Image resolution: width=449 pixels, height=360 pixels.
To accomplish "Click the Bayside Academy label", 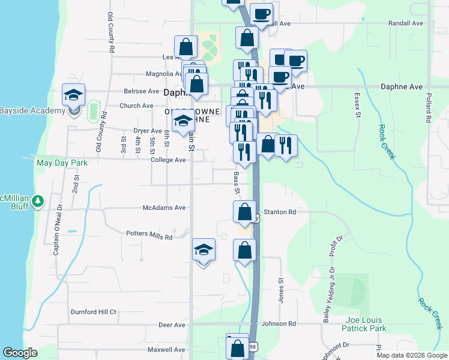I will pyautogui.click(x=32, y=111).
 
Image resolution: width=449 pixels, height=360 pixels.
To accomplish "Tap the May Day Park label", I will pyautogui.click(x=62, y=163).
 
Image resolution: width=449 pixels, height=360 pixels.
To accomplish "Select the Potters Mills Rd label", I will pyautogui.click(x=149, y=236).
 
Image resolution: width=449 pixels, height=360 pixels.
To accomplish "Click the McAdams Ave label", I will pyautogui.click(x=164, y=208).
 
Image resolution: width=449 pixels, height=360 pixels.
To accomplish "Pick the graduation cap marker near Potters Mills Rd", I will pyautogui.click(x=203, y=250).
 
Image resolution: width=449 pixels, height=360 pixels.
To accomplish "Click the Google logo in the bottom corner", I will pyautogui.click(x=20, y=353).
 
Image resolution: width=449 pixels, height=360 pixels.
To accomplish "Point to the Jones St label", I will pyautogui.click(x=280, y=288).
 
